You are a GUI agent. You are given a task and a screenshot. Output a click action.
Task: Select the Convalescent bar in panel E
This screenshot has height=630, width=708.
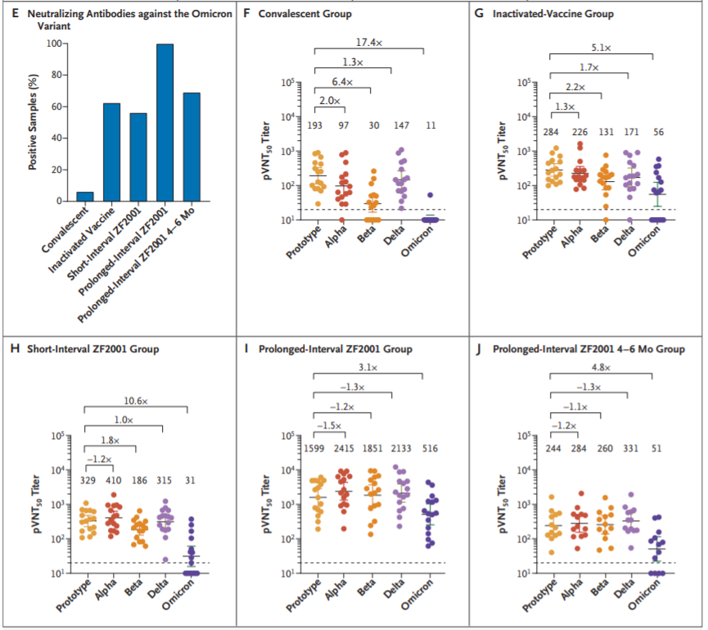[x=86, y=197]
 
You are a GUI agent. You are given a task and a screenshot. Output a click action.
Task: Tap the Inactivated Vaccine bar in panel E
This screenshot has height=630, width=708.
[x=111, y=152]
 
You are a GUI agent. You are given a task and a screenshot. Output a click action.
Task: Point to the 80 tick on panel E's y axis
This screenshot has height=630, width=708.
[x=56, y=75]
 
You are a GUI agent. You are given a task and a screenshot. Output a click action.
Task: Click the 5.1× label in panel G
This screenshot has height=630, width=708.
[x=602, y=48]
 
